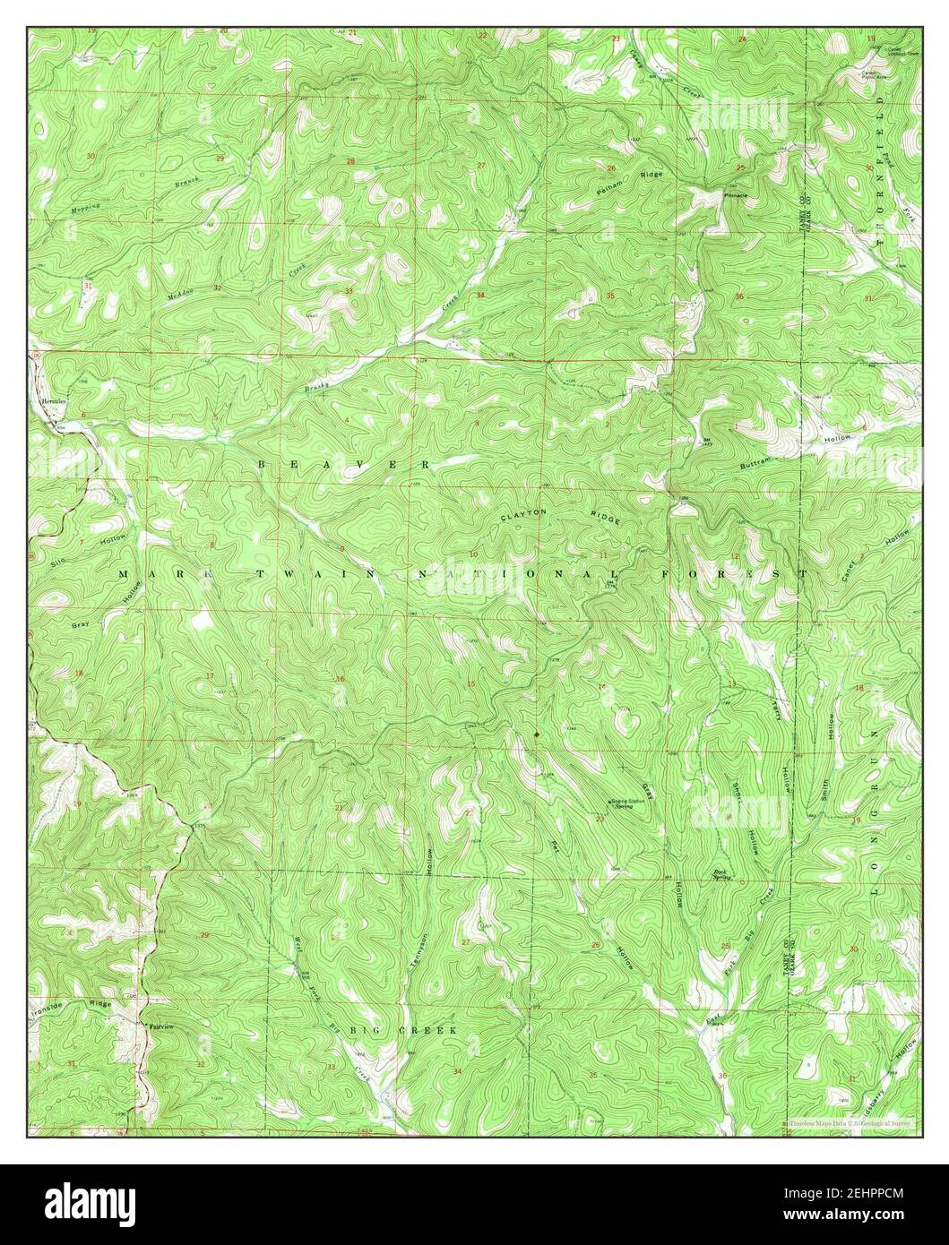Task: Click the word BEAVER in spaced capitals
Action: [345, 465]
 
